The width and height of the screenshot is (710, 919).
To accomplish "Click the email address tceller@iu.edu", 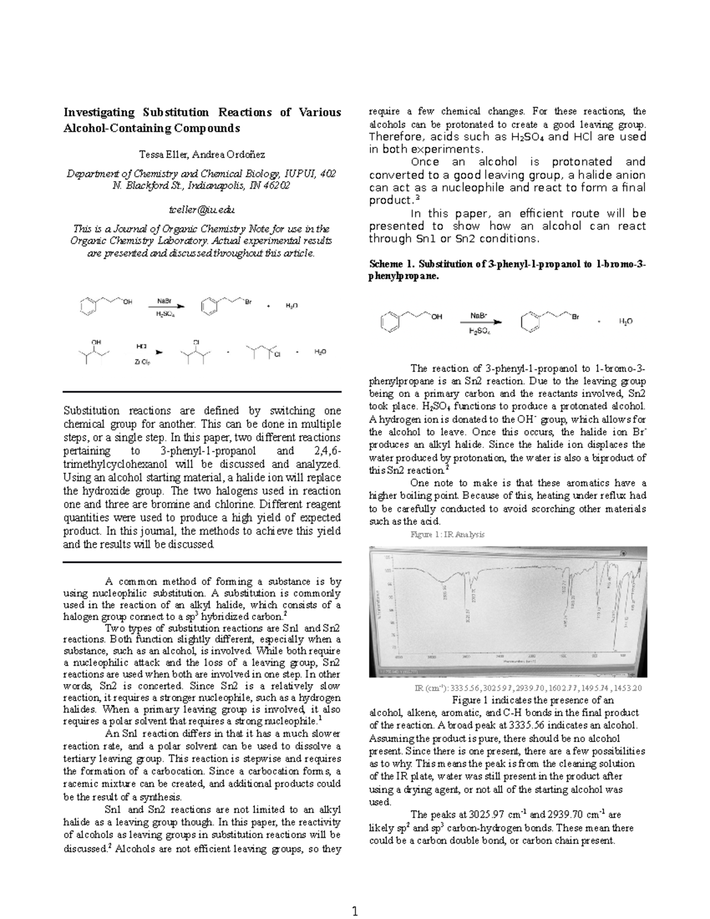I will (x=202, y=209).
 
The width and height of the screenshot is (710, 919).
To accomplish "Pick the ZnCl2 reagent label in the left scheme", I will (x=142, y=362).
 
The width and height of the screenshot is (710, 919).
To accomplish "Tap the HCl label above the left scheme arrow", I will (x=142, y=345).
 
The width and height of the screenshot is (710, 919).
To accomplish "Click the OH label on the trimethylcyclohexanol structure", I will (x=96, y=342).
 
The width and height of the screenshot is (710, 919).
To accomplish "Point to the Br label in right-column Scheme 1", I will (x=575, y=317).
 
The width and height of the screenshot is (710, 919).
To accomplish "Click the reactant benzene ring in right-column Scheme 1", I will (x=390, y=322).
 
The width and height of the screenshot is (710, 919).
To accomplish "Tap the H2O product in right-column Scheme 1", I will (x=625, y=321).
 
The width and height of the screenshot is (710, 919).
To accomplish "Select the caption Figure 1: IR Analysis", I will (x=447, y=534).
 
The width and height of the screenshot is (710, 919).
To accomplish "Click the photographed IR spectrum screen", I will (x=508, y=612).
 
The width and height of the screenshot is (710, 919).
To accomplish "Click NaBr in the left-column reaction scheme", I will (x=164, y=301).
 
